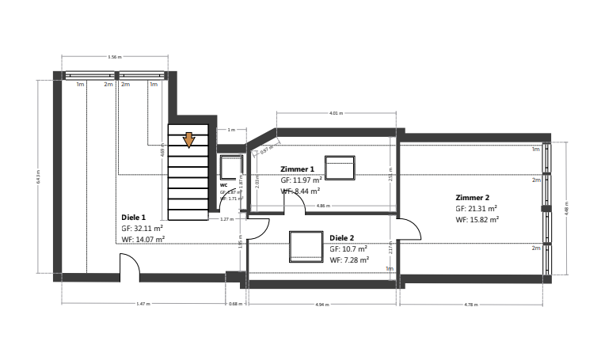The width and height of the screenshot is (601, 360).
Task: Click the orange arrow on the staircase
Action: coord(188,140)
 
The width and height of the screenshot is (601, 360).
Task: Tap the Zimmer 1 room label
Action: coord(298,169)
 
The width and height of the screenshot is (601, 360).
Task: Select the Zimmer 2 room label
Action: coord(473,197)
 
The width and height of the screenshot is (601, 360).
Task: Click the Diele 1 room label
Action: coord(133,217)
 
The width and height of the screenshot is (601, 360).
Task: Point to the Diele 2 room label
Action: coord(342,237)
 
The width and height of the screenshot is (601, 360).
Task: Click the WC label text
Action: coord(223,184)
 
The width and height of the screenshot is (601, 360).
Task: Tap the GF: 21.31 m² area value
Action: coord(476,208)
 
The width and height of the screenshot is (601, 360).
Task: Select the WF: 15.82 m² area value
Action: coord(477,220)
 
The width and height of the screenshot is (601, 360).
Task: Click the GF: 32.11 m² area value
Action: coord(142,228)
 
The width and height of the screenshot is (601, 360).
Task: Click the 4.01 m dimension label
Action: coord(337,113)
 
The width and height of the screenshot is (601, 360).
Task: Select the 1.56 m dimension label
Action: coord(114,57)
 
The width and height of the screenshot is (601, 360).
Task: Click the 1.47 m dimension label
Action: coord(143,304)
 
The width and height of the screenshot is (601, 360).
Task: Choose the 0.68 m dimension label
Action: coord(235,304)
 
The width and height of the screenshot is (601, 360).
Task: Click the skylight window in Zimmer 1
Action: coord(340,169)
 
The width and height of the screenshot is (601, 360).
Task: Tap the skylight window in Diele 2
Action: coord(305,246)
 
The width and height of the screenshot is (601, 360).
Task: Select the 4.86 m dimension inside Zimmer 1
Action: coord(323,206)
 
